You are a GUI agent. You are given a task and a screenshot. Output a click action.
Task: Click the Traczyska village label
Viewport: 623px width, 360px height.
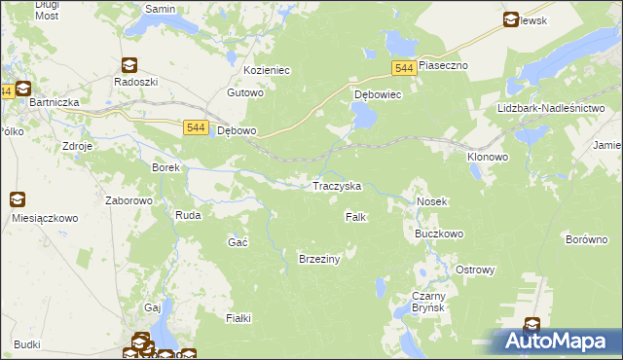click(336, 186)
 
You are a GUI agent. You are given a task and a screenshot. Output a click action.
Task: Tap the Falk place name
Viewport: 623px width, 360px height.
click(355, 217)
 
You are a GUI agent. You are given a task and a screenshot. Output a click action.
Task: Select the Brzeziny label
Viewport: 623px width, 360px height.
click(318, 258)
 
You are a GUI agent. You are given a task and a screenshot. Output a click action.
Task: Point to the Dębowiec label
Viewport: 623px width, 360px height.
click(378, 95)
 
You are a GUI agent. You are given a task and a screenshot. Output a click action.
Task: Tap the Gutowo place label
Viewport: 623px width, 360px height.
click(245, 93)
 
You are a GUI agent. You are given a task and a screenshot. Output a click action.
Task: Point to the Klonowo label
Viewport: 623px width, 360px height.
click(488, 156)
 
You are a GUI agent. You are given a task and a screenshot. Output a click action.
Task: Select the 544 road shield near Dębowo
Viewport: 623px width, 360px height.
click(195, 126)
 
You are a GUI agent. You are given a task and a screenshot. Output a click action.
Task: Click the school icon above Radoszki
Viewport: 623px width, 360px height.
click(128, 65)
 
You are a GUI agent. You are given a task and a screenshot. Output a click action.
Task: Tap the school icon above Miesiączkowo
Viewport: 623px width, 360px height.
click(18, 200)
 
